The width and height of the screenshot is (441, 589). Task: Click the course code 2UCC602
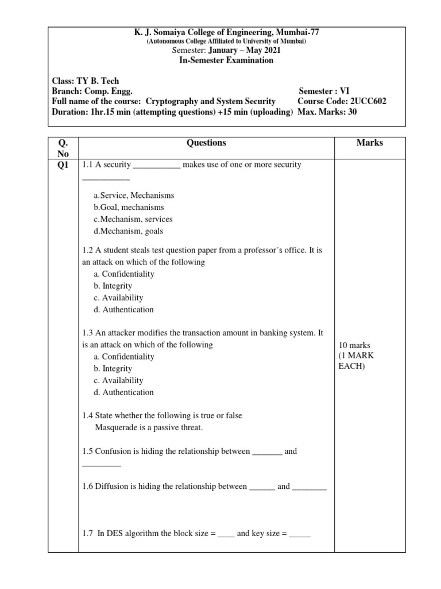pyautogui.click(x=366, y=101)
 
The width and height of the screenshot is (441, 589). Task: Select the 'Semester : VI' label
pyautogui.click(x=324, y=91)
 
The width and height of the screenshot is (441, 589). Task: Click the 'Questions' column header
pyautogui.click(x=206, y=143)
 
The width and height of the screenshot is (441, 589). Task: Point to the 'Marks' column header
pyautogui.click(x=369, y=143)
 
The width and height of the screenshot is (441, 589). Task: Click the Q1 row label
pyautogui.click(x=63, y=165)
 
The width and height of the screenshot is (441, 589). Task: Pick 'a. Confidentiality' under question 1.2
pyautogui.click(x=123, y=274)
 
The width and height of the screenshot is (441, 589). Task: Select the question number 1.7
pyautogui.click(x=88, y=533)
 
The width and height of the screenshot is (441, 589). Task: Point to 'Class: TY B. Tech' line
pyautogui.click(x=86, y=81)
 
